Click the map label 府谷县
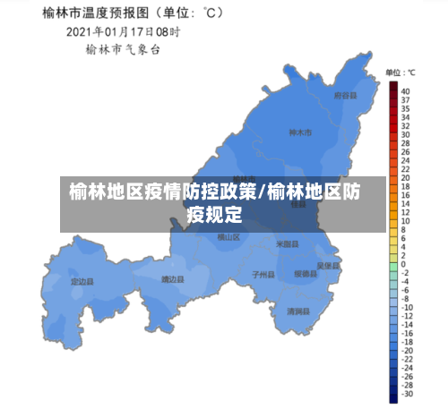(x=345, y=95)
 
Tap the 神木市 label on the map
(x=300, y=133)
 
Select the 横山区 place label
(x=228, y=237)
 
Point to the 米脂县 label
(x=287, y=243)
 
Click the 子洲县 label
(x=263, y=274)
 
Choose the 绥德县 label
(x=305, y=274)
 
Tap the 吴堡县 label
(x=329, y=266)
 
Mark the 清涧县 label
(x=297, y=311)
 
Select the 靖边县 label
(x=172, y=279)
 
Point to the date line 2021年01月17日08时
(x=123, y=32)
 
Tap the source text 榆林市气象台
(x=123, y=50)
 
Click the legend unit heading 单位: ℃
(x=400, y=72)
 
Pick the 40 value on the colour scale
(x=405, y=91)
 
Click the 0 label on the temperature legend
(x=403, y=265)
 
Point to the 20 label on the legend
(x=405, y=178)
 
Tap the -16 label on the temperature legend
(x=407, y=333)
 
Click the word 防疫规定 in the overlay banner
(x=216, y=214)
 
